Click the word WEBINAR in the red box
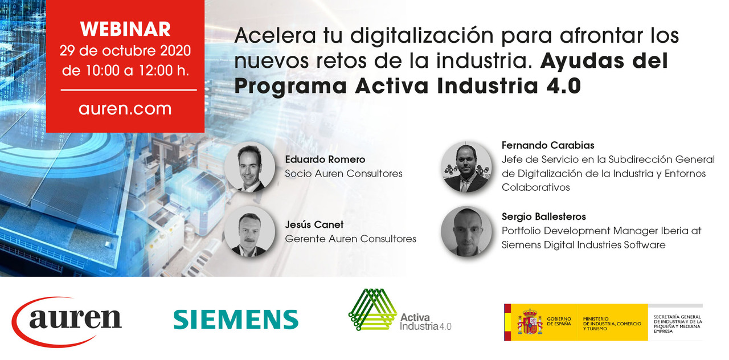tap(125, 29)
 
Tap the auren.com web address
tap(125, 108)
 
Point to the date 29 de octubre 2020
tap(125, 51)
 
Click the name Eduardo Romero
tap(325, 159)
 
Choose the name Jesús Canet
tap(314, 224)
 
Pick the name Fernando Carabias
tap(548, 145)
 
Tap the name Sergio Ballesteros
tap(543, 216)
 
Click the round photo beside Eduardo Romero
tap(250, 167)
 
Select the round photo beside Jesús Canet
tap(250, 232)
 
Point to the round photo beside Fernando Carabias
tap(466, 167)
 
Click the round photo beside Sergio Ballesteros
tap(466, 231)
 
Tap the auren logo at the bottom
tap(67, 322)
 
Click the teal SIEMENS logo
tap(236, 320)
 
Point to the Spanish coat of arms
tap(530, 322)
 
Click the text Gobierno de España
tap(559, 321)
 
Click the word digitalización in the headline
tap(422, 35)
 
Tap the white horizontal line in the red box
tap(129, 90)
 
